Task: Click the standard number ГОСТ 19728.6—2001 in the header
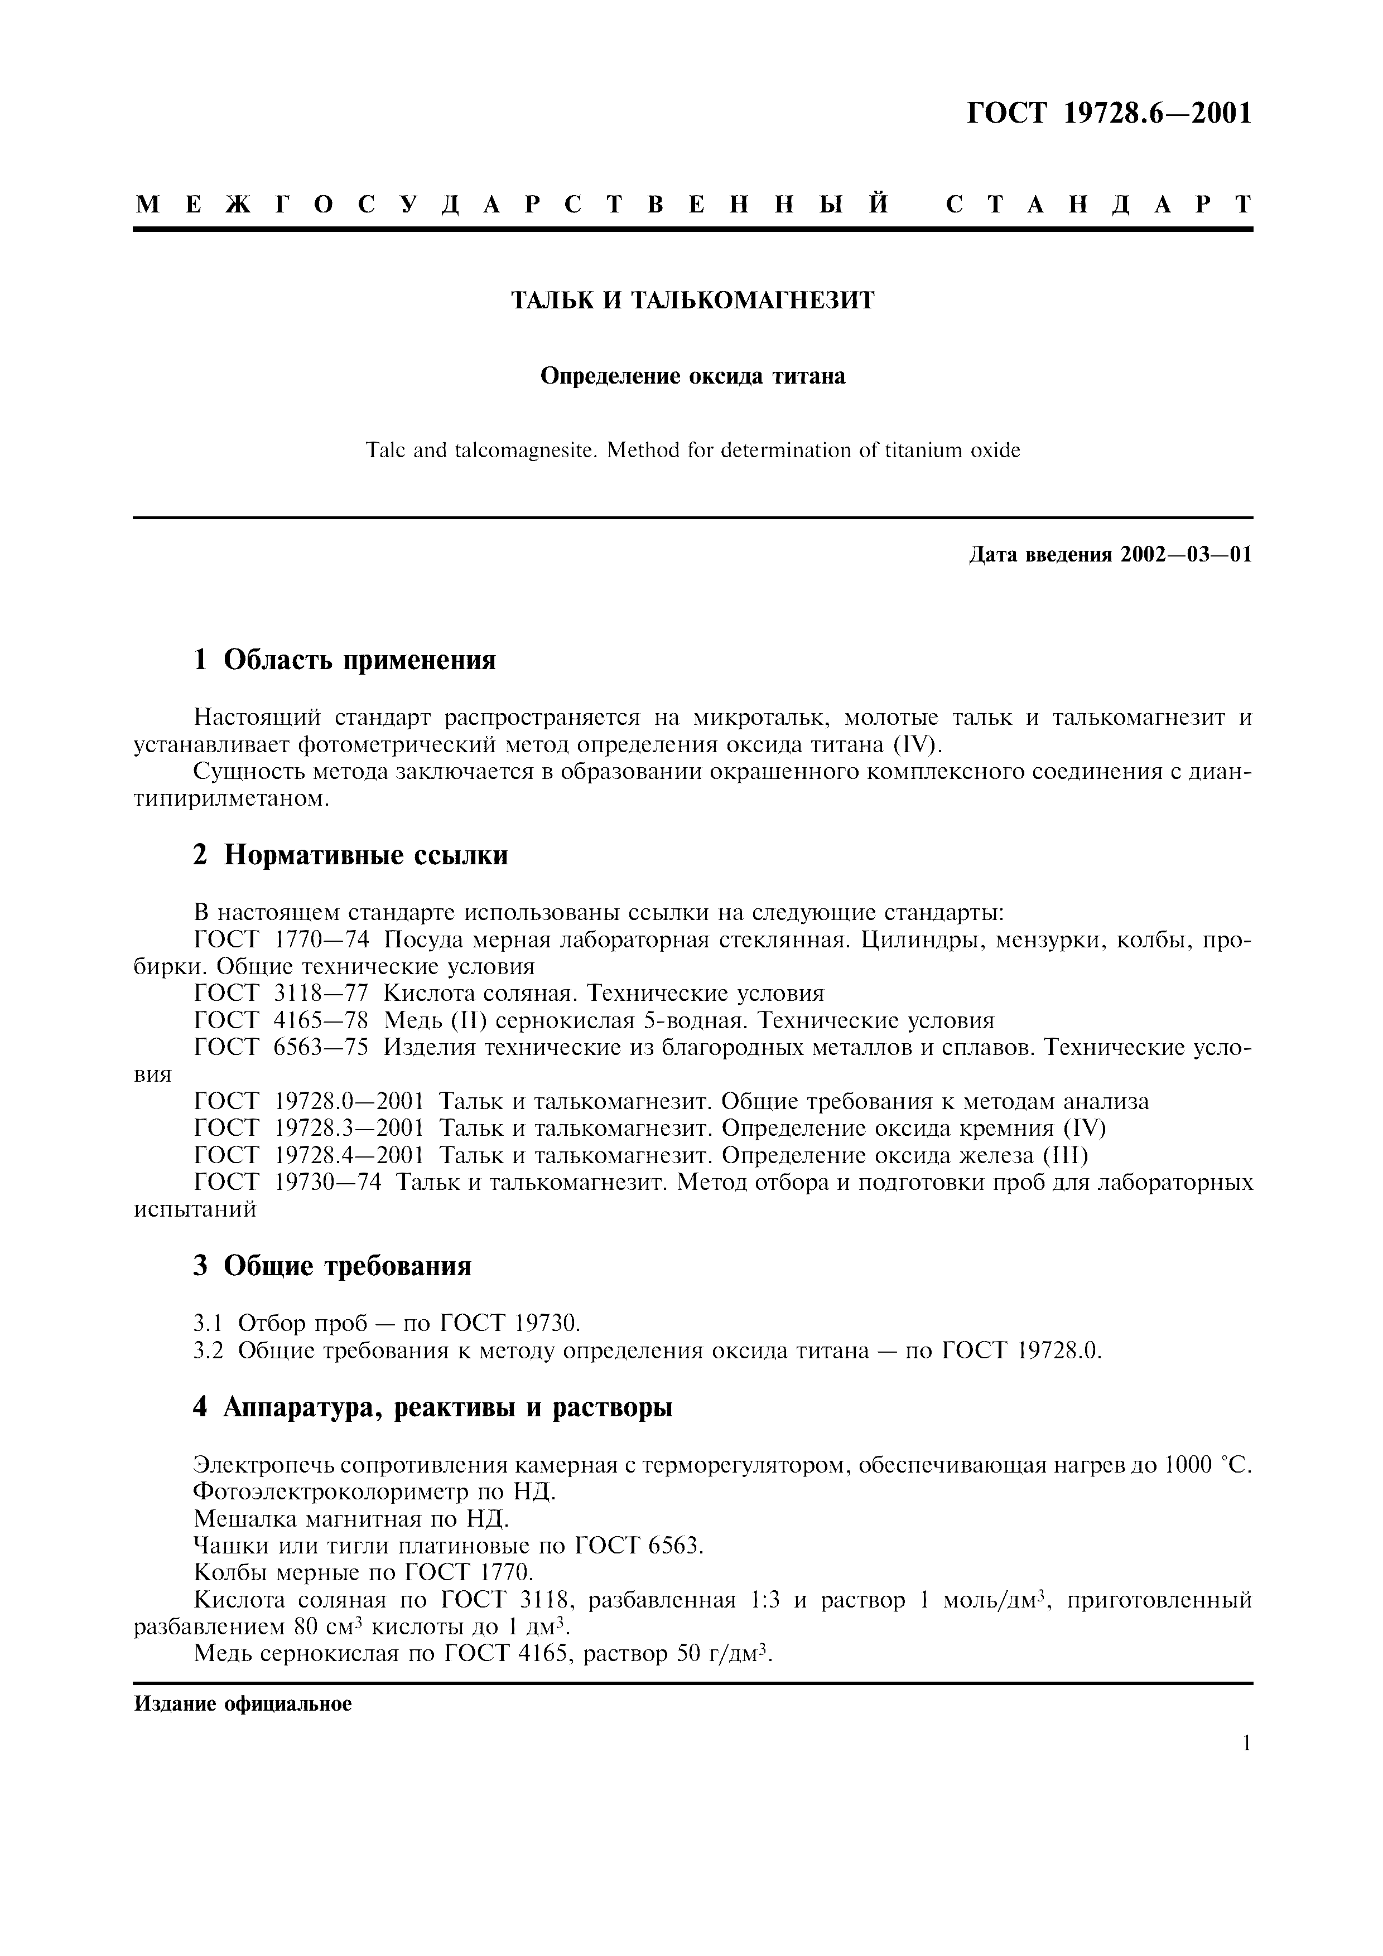click(1110, 113)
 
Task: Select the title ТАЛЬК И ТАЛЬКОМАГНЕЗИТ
click(692, 301)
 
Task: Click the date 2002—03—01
click(1186, 555)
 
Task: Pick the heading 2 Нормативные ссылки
click(350, 854)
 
